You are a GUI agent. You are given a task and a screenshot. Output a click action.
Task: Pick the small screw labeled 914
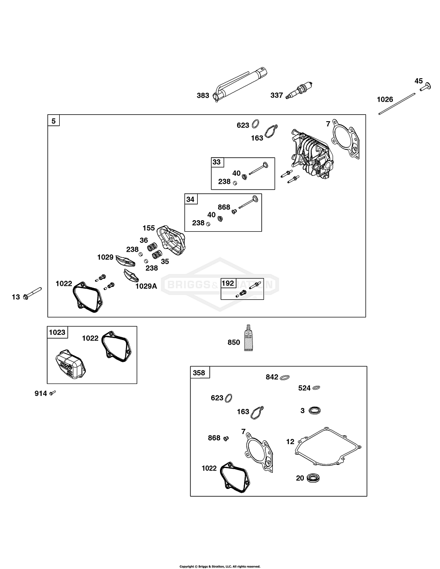pyautogui.click(x=53, y=393)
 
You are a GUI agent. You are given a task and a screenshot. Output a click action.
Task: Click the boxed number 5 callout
pyautogui.click(x=54, y=121)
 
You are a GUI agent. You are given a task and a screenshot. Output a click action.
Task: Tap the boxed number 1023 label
pyautogui.click(x=57, y=332)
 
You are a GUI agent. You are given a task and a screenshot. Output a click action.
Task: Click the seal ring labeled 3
pyautogui.click(x=315, y=410)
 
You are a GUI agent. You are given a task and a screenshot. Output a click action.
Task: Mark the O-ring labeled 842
pyautogui.click(x=285, y=377)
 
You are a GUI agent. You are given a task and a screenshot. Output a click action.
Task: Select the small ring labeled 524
pyautogui.click(x=317, y=388)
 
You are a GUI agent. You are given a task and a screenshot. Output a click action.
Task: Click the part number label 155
pyautogui.click(x=149, y=228)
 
